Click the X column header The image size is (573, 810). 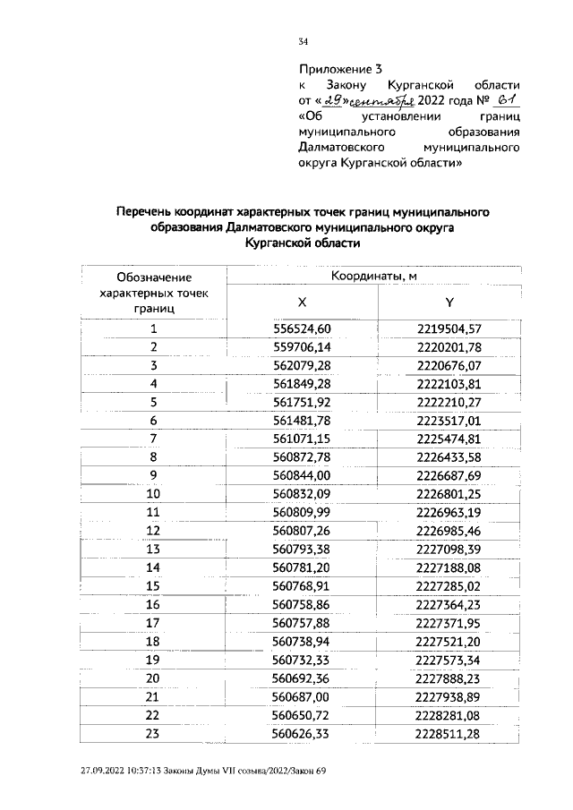(302, 303)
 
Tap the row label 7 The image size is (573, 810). (153, 438)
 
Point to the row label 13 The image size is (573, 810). (153, 548)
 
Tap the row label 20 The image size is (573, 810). (153, 677)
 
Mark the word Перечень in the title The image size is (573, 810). (149, 212)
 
